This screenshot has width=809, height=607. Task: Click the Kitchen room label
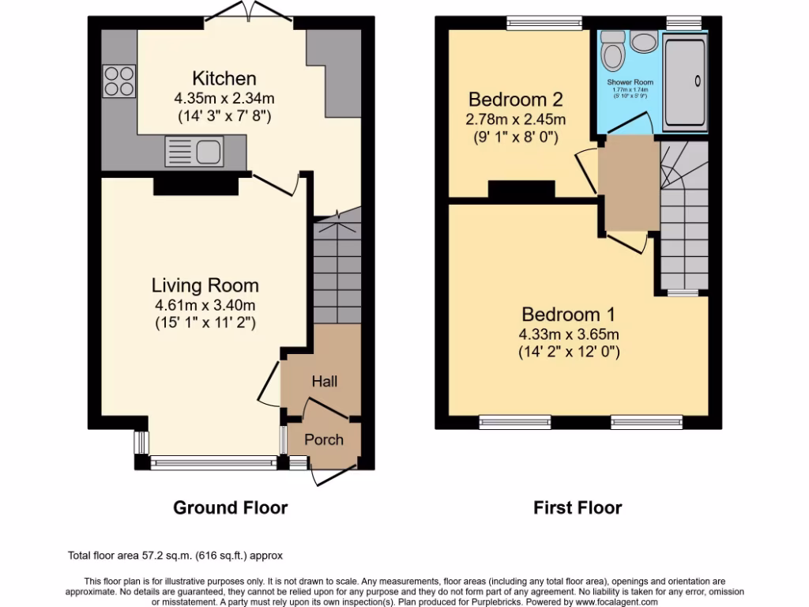click(x=224, y=79)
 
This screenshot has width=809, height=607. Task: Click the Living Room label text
click(x=205, y=285)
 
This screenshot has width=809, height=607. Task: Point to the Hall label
click(x=324, y=382)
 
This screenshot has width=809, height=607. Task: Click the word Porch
click(x=324, y=439)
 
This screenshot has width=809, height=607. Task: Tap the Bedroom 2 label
click(x=515, y=100)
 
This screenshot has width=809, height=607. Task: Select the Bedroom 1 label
click(x=568, y=314)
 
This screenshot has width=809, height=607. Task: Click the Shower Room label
click(x=630, y=82)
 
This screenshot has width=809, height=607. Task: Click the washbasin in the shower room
click(x=642, y=41)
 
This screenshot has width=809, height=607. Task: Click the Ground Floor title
click(x=230, y=507)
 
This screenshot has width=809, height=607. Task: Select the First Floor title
click(x=577, y=507)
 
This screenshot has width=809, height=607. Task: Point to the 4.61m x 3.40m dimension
click(x=205, y=305)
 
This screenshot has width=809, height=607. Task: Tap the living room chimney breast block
click(x=195, y=185)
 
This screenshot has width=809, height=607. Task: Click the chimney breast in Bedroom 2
click(x=521, y=190)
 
